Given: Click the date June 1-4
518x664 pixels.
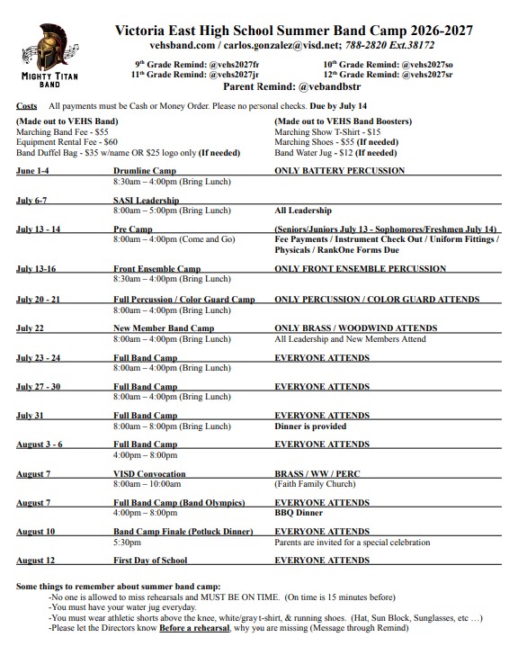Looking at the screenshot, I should click(32, 170).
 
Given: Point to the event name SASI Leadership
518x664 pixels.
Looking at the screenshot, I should click(146, 200).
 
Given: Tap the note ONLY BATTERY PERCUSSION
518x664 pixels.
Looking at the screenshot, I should click(339, 170).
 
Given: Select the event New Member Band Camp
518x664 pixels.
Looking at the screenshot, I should click(164, 328).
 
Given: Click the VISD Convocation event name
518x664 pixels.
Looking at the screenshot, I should click(149, 473).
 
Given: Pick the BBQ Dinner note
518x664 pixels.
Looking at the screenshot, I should click(299, 512).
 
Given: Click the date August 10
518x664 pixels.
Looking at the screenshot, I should click(36, 532).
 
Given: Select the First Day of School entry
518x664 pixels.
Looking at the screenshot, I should click(150, 561).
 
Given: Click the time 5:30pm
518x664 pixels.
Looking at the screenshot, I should click(127, 543).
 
